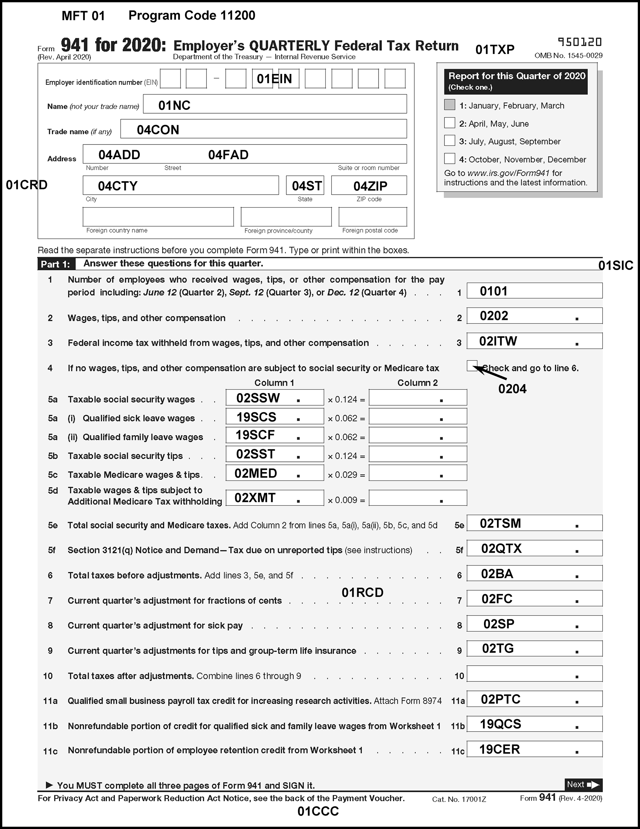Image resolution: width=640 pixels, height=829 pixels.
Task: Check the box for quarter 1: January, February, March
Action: tap(450, 105)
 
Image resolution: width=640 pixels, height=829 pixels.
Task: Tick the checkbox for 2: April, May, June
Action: tap(450, 123)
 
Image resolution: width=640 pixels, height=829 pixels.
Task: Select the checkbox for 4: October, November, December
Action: tap(450, 158)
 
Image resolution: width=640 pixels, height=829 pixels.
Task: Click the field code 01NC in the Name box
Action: tap(174, 105)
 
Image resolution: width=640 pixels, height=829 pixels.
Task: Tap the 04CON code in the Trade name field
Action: tap(158, 130)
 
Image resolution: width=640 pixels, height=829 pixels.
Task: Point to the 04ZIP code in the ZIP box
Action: tap(370, 186)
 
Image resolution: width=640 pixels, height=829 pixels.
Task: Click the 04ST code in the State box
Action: tap(307, 186)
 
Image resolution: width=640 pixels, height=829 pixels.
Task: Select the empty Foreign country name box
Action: tap(158, 217)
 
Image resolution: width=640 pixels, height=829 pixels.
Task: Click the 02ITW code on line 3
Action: tap(498, 341)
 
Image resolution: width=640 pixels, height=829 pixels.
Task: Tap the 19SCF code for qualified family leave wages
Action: tap(255, 435)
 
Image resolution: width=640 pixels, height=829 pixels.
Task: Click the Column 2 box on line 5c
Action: tap(418, 473)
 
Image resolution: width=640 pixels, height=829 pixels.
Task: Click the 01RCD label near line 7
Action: tap(362, 593)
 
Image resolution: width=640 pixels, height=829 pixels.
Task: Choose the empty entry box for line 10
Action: tap(534, 674)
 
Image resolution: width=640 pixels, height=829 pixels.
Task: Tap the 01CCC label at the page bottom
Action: tap(318, 811)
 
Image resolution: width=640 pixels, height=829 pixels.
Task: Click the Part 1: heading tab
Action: tap(56, 264)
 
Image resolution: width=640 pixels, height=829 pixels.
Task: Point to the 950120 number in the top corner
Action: tap(580, 42)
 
